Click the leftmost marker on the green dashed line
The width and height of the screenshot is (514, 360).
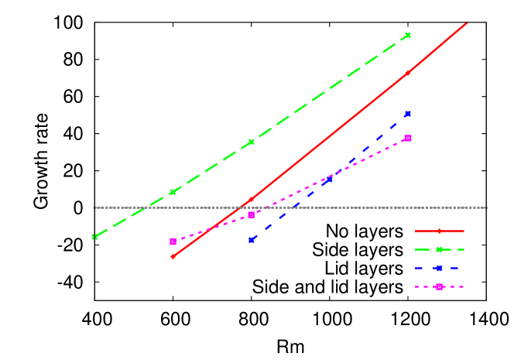point(94,236)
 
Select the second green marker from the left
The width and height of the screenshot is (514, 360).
point(173,191)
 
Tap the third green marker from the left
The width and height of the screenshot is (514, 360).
point(251,142)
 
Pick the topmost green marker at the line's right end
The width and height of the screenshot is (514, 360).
point(407,36)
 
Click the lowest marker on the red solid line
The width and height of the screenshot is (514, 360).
point(173,256)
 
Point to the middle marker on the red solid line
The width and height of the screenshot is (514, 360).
point(251,200)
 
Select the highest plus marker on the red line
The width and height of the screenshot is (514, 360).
point(407,74)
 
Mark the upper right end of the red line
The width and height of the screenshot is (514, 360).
point(467,22)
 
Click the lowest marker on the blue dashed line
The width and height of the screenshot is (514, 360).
point(251,240)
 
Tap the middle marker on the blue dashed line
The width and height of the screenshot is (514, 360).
point(329,180)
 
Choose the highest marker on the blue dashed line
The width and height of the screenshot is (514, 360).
point(407,114)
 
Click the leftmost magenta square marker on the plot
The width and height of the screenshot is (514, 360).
point(173,242)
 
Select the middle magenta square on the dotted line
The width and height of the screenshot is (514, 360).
point(251,215)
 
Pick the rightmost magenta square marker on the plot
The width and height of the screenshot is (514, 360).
point(407,138)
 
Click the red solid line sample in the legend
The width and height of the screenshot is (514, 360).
point(439,231)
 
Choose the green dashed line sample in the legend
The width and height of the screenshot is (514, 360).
point(439,249)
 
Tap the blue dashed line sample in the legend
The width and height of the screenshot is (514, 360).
point(439,268)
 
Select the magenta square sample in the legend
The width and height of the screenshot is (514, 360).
point(439,286)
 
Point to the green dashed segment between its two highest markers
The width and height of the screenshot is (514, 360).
point(329,89)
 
